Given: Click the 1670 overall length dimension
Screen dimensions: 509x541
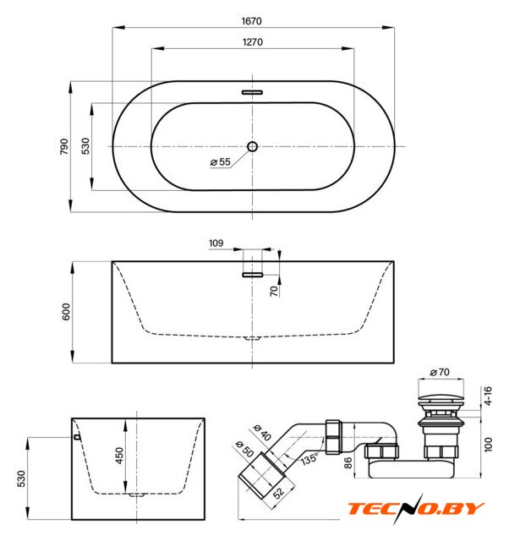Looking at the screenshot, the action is tap(252, 21).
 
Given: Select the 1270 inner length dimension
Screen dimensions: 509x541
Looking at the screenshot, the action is tap(253, 42).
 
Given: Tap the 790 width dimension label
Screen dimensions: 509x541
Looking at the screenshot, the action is tap(64, 146).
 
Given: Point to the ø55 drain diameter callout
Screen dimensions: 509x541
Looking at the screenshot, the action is tap(220, 161).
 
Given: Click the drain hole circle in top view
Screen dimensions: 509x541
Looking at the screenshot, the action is tap(252, 146).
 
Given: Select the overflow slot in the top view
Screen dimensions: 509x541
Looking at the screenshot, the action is tap(252, 92).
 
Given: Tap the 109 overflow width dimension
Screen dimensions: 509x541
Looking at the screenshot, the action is tap(216, 243).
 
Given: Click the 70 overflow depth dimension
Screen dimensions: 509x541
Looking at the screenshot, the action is tap(274, 291).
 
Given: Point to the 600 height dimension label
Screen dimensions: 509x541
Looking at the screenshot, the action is tap(66, 312).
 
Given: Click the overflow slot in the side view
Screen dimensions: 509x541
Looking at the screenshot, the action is tap(252, 275).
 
